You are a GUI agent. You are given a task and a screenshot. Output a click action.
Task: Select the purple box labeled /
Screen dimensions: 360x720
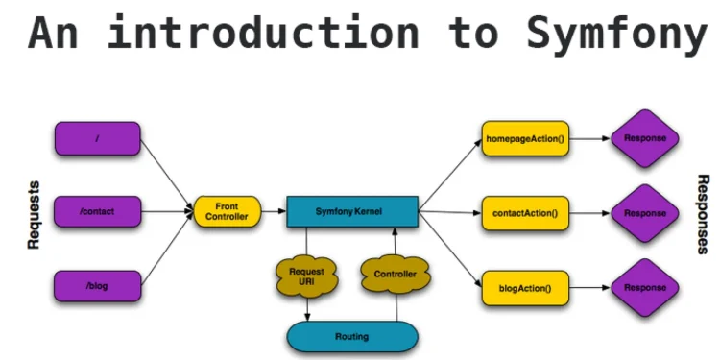point(98,138)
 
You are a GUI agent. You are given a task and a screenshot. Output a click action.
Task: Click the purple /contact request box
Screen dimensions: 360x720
point(98,210)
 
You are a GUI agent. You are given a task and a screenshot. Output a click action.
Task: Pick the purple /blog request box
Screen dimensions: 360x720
point(98,286)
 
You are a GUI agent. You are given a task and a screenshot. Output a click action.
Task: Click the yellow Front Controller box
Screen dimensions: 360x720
point(227,211)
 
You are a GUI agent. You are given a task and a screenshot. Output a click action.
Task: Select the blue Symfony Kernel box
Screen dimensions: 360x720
point(352,211)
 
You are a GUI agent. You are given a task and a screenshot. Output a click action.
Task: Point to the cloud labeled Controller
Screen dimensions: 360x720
point(395,276)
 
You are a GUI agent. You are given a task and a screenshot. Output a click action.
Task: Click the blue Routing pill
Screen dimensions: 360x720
point(352,337)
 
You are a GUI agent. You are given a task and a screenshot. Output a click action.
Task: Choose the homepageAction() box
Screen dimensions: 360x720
point(525,138)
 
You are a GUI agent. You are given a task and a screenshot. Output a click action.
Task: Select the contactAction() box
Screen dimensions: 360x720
point(525,211)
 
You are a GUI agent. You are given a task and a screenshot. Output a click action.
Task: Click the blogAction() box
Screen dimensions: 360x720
point(525,286)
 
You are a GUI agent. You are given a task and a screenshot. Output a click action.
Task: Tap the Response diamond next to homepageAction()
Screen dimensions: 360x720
point(645,138)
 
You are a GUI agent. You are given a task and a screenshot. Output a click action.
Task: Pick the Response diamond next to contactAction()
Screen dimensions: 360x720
point(645,212)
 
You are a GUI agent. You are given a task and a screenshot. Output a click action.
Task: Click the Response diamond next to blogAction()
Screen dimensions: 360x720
point(645,287)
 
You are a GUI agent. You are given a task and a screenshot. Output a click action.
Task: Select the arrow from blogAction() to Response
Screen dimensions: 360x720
point(588,286)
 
